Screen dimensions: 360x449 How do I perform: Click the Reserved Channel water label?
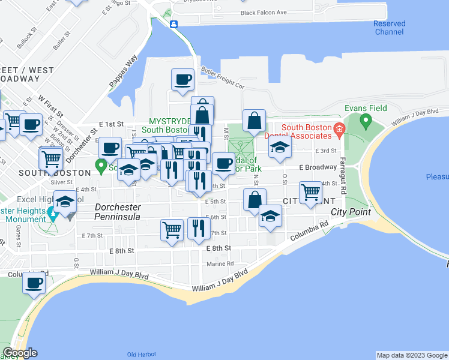[x=389, y=28]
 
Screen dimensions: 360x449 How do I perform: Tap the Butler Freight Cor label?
[x=223, y=78]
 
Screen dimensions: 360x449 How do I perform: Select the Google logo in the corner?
[x=20, y=353]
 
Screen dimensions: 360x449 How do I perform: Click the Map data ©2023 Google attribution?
[x=412, y=355]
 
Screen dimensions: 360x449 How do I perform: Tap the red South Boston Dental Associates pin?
[x=339, y=127]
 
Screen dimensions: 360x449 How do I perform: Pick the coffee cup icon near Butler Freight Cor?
[x=182, y=79]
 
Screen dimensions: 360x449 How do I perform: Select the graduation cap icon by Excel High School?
[x=65, y=201]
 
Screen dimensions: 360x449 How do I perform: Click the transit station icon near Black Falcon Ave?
[x=173, y=24]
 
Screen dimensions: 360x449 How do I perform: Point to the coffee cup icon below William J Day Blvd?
[x=34, y=282]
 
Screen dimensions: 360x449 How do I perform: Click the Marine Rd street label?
[x=220, y=263]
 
